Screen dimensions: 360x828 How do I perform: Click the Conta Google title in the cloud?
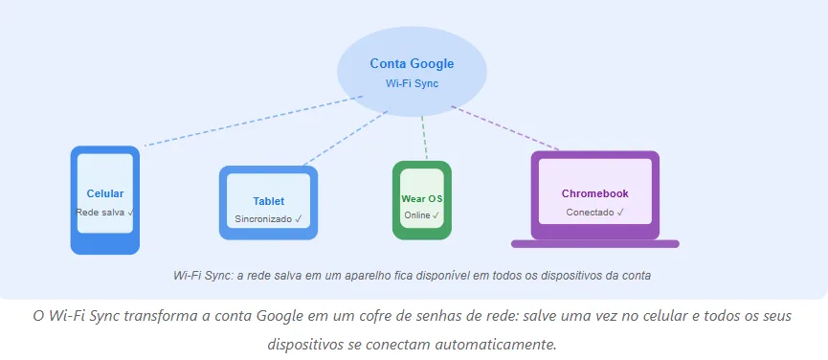pyautogui.click(x=412, y=64)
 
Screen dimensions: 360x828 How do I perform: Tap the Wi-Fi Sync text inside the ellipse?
pyautogui.click(x=412, y=83)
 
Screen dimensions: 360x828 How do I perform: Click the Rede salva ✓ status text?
pyautogui.click(x=104, y=212)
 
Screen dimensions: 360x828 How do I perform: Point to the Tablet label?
pyautogui.click(x=268, y=201)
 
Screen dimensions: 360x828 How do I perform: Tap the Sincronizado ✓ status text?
pyautogui.click(x=268, y=219)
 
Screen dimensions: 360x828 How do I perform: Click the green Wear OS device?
pyautogui.click(x=421, y=230)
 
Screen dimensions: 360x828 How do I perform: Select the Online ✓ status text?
pyautogui.click(x=421, y=215)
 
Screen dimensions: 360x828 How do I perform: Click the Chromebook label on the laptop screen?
pyautogui.click(x=594, y=193)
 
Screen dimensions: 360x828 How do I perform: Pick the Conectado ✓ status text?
pyautogui.click(x=594, y=213)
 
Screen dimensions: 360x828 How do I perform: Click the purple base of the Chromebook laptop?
pyautogui.click(x=594, y=244)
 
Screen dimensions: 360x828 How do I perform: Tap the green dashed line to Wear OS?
pyautogui.click(x=424, y=139)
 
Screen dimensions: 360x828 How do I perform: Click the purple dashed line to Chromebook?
pyautogui.click(x=507, y=129)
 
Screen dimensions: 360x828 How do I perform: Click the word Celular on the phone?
pyautogui.click(x=104, y=193)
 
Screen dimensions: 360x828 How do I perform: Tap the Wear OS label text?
pyautogui.click(x=421, y=199)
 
